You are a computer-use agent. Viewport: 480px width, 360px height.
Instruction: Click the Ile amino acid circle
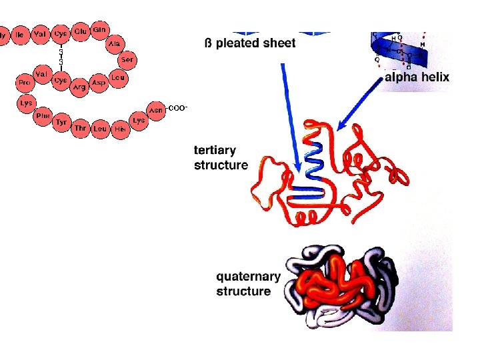21,33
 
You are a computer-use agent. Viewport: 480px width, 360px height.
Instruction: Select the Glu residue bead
81,32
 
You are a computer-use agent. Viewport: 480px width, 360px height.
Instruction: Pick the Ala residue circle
115,44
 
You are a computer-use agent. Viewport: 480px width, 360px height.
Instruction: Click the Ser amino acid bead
127,61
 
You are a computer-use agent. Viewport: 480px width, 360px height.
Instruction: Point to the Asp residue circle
99,83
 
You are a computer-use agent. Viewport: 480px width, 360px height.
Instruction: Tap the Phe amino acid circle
43,115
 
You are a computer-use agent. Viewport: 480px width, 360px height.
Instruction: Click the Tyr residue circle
62,123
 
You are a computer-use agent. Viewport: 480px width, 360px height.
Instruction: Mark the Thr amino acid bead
81,128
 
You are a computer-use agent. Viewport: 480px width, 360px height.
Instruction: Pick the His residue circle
120,129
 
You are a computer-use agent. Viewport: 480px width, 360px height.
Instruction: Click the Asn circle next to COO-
156,111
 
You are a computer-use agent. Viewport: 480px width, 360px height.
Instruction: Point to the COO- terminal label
178,107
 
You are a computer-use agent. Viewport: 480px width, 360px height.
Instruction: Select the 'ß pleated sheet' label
250,44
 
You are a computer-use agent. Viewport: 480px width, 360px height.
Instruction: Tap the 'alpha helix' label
418,77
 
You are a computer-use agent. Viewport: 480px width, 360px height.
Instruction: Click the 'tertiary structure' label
221,157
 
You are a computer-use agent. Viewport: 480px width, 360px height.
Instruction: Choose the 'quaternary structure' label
243,284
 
